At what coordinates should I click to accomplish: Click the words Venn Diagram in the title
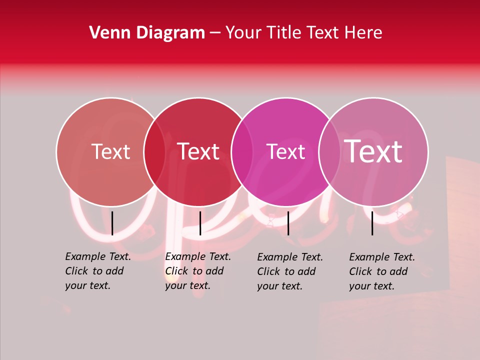pyautogui.click(x=147, y=33)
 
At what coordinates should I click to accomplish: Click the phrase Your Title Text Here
pyautogui.click(x=303, y=33)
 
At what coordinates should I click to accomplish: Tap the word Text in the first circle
pyautogui.click(x=110, y=151)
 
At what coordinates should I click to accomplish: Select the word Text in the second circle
pyautogui.click(x=198, y=151)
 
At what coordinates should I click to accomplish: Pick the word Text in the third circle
pyautogui.click(x=286, y=151)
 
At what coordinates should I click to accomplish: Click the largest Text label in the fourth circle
pyautogui.click(x=373, y=151)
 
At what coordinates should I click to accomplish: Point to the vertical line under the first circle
pyautogui.click(x=112, y=223)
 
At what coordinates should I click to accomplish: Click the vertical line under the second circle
pyautogui.click(x=200, y=223)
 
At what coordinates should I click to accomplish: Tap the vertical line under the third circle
pyautogui.click(x=288, y=223)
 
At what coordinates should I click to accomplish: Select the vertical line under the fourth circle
pyautogui.click(x=372, y=223)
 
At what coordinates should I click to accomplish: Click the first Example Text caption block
pyautogui.click(x=97, y=271)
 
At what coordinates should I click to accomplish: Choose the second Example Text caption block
pyautogui.click(x=197, y=271)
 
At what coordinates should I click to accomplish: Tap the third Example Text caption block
pyautogui.click(x=290, y=271)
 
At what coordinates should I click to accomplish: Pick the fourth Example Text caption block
pyautogui.click(x=382, y=271)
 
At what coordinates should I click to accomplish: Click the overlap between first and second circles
pyautogui.click(x=154, y=152)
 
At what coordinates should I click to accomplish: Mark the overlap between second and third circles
pyautogui.click(x=242, y=152)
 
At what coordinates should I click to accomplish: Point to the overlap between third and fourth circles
pyautogui.click(x=329, y=152)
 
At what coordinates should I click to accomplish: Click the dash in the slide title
pyautogui.click(x=215, y=33)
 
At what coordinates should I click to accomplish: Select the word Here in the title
pyautogui.click(x=365, y=33)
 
